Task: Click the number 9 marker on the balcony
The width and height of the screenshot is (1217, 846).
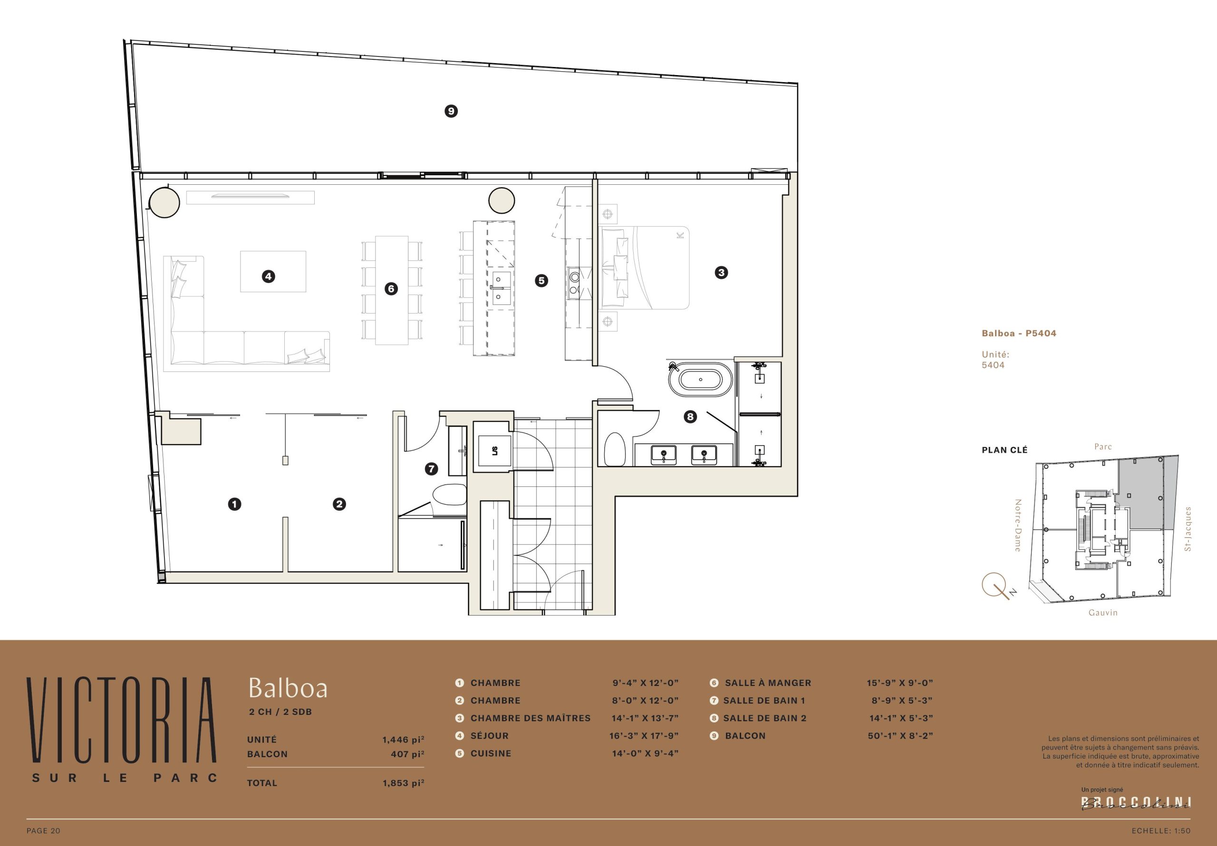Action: [451, 111]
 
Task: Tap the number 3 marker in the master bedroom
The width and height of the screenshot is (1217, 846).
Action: [721, 273]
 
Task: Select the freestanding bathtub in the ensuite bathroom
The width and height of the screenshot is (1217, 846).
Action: [700, 379]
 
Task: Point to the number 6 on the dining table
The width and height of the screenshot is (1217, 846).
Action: [391, 289]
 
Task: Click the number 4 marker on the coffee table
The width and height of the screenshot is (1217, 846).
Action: [268, 276]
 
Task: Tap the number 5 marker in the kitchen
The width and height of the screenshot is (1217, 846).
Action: [541, 281]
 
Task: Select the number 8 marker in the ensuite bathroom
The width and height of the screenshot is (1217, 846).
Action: [690, 417]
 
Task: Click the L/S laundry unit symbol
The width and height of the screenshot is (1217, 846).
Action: [494, 451]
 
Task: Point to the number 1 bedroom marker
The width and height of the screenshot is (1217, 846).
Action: [234, 504]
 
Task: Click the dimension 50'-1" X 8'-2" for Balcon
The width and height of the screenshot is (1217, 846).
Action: [900, 735]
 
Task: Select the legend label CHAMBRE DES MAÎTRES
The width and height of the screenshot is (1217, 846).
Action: [531, 718]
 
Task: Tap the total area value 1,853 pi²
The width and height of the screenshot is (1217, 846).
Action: [404, 782]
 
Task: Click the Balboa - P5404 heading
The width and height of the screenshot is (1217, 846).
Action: [1019, 333]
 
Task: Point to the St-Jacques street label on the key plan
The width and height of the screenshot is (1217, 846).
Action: [1188, 529]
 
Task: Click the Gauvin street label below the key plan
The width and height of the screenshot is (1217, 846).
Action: [1103, 612]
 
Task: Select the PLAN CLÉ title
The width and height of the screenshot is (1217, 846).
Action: [1005, 450]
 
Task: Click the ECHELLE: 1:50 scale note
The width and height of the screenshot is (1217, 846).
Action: [1161, 831]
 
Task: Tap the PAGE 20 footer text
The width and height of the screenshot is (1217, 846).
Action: [43, 831]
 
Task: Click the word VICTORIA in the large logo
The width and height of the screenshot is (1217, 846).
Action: [121, 719]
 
